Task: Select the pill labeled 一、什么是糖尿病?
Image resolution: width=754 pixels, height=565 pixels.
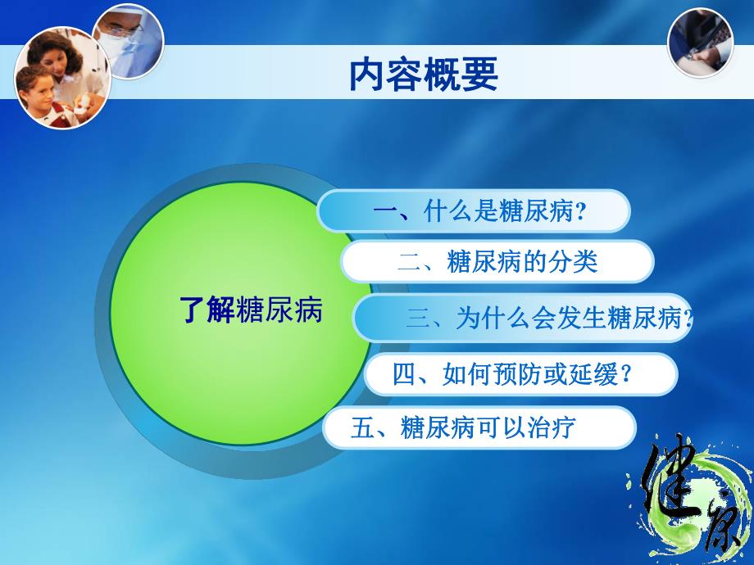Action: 474,212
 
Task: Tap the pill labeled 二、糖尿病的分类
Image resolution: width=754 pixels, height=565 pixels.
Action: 497,262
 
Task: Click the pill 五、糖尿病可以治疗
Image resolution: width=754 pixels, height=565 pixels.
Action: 479,427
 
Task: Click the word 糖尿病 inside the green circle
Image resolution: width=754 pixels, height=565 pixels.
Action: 279,311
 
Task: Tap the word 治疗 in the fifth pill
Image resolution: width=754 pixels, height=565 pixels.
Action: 552,427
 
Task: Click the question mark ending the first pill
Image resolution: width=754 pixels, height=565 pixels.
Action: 582,213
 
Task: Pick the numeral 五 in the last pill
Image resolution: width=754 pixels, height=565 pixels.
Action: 361,427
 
